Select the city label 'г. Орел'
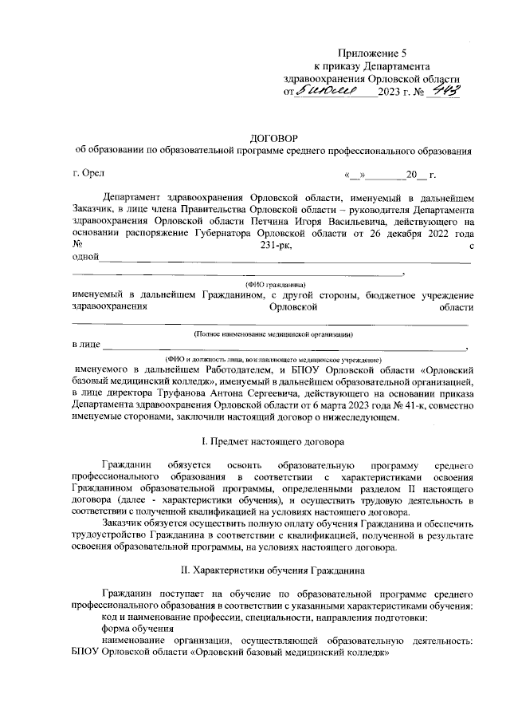click(x=87, y=173)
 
